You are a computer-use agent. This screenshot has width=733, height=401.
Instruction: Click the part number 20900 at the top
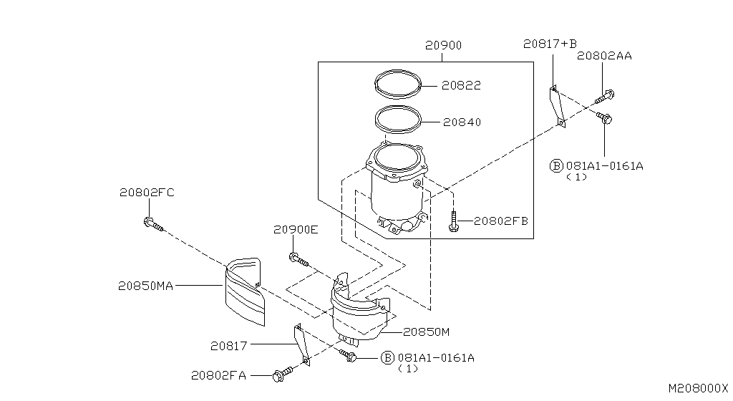443,45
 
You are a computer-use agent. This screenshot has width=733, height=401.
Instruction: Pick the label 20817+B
549,44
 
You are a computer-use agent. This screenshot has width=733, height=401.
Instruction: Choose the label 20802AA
604,55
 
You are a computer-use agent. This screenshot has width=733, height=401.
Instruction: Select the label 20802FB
500,221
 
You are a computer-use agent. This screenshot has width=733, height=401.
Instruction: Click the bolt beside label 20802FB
453,221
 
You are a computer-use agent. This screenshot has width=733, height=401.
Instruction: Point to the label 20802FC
147,192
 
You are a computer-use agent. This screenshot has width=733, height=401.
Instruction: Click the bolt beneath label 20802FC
152,225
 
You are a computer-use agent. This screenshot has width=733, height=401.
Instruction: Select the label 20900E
295,230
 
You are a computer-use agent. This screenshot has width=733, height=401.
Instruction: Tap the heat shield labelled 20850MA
243,290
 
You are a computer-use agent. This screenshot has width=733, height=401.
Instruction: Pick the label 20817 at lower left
228,346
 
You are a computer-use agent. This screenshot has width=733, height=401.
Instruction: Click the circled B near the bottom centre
387,357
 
